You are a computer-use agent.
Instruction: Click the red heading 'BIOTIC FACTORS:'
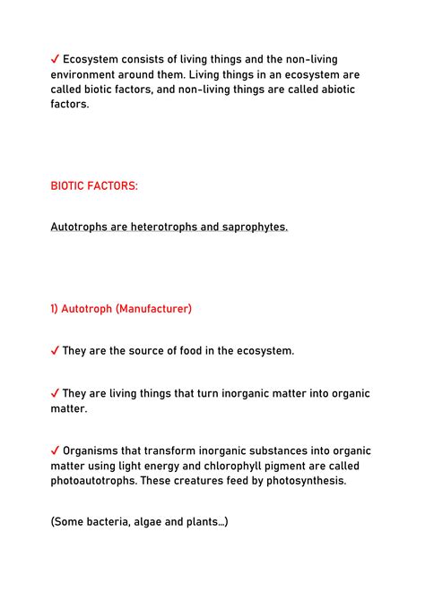coord(95,185)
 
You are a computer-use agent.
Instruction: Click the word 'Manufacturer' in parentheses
coord(153,309)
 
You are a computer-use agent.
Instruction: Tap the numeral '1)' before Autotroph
coord(56,309)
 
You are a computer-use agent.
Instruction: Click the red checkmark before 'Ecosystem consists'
coord(56,58)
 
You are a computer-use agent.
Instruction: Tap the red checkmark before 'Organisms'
coord(56,450)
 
